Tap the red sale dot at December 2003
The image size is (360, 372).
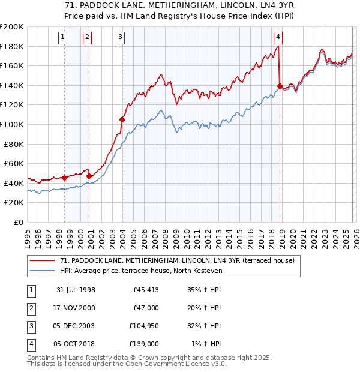[x=122, y=119]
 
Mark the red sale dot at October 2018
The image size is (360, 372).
[x=280, y=86]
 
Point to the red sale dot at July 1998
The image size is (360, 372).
[x=65, y=178]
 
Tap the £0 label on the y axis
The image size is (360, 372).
[x=18, y=222]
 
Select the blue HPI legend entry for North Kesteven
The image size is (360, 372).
[x=141, y=271]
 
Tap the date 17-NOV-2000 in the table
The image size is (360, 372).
[x=74, y=308]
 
